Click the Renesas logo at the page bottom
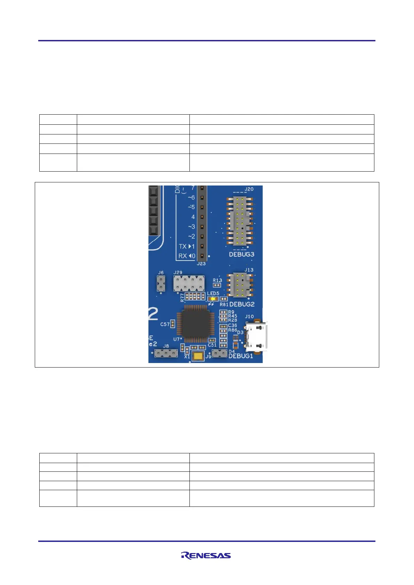(x=206, y=555)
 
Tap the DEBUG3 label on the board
(x=241, y=254)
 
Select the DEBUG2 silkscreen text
(x=242, y=304)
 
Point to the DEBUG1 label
(x=241, y=356)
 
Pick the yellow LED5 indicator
(x=212, y=298)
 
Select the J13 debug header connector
(x=240, y=285)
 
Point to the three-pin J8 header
(x=166, y=354)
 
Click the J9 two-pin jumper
(x=219, y=354)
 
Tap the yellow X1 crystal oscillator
(x=198, y=356)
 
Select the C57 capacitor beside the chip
(x=172, y=324)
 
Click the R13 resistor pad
(x=217, y=285)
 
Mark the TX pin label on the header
(x=183, y=246)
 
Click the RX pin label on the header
(x=183, y=256)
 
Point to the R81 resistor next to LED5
(x=224, y=299)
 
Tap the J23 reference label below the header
(x=201, y=264)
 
